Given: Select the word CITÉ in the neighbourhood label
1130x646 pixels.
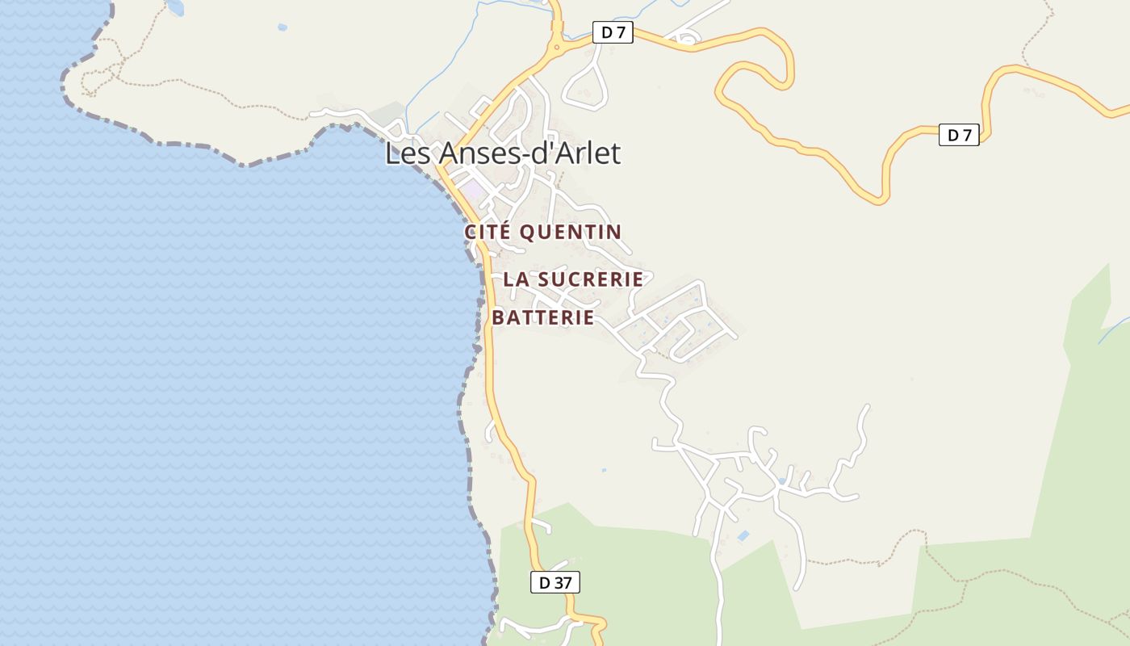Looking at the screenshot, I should [487, 232].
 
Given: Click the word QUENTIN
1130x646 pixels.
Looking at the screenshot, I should [571, 232].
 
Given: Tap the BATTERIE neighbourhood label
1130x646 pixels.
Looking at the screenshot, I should [543, 317].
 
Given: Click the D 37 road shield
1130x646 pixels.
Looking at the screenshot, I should [555, 581].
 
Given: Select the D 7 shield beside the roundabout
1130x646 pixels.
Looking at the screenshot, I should [613, 32].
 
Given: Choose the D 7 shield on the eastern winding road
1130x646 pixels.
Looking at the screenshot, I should [959, 135].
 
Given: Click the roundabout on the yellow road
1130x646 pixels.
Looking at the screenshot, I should [556, 48].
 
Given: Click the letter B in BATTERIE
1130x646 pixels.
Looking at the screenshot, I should [498, 317].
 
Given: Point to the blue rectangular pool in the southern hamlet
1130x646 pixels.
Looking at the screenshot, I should [743, 535].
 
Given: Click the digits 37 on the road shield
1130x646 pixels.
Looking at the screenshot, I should [563, 581].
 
